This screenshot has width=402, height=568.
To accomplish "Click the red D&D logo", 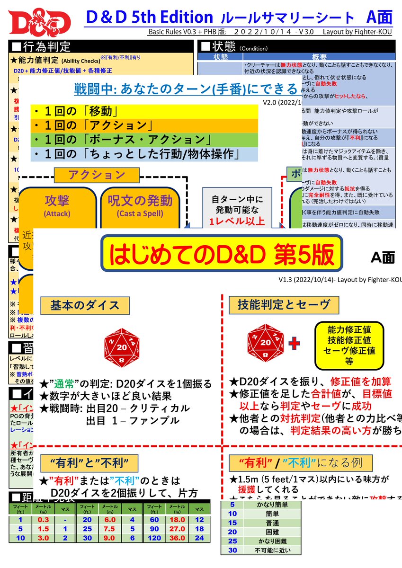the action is pyautogui.click(x=39, y=23).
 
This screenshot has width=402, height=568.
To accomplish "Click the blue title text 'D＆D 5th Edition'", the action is pyautogui.click(x=150, y=18).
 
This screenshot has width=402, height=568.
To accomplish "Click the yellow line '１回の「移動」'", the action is pyautogui.click(x=76, y=112).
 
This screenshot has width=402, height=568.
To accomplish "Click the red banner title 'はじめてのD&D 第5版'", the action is pyautogui.click(x=222, y=255).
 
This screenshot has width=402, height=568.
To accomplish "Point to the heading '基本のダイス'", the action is pyautogui.click(x=85, y=305).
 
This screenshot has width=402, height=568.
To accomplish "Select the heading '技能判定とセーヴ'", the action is pyautogui.click(x=284, y=305).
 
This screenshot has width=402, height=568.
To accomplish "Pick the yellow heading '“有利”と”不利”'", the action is pyautogui.click(x=89, y=462).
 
